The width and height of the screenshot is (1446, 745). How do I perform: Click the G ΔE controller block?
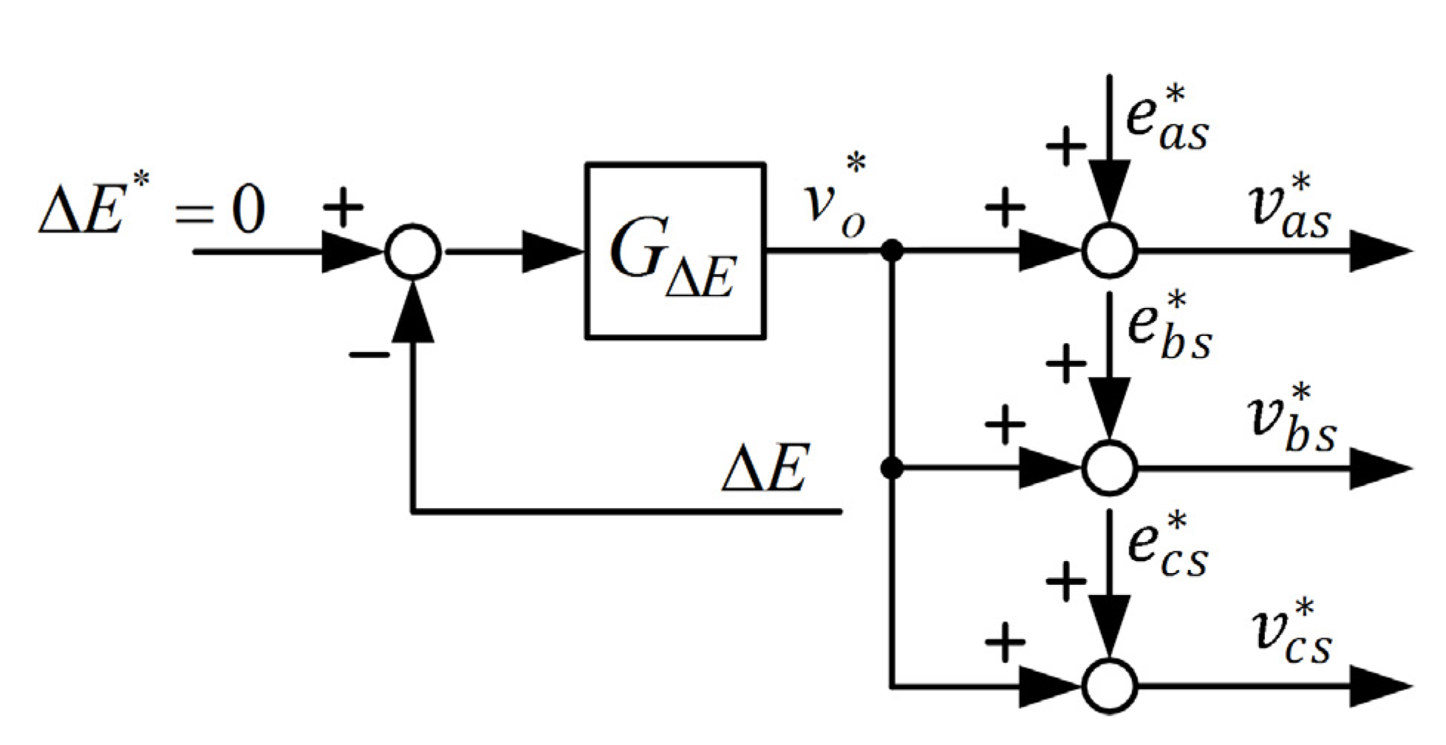(x=675, y=251)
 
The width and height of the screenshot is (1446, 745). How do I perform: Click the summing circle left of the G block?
(x=413, y=252)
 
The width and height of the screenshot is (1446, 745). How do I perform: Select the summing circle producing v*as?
(x=1109, y=251)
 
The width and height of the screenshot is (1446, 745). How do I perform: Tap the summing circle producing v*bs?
(x=1109, y=467)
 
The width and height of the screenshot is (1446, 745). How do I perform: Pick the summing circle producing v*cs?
(x=1109, y=686)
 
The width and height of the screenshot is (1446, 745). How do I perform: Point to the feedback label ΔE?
(x=765, y=468)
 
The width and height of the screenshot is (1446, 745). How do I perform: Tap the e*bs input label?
(x=1168, y=329)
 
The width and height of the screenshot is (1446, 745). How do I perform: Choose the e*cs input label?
(x=1167, y=546)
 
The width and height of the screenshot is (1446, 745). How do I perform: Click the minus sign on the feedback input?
(x=369, y=356)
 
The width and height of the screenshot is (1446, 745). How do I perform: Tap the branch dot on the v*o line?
(x=893, y=251)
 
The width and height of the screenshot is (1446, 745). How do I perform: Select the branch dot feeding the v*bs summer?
(x=893, y=467)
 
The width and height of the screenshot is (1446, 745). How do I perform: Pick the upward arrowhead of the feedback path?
(x=413, y=314)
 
